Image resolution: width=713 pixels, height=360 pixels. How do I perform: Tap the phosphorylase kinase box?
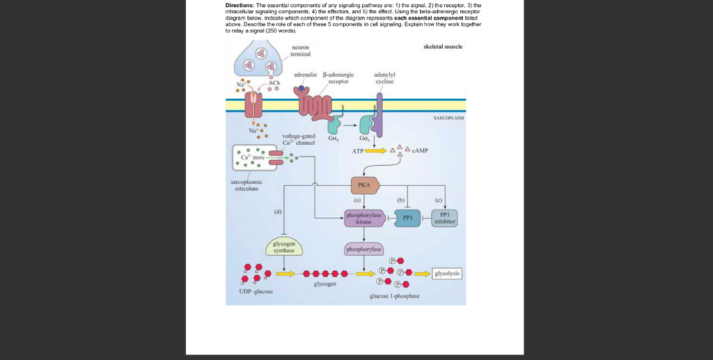(x=364, y=218)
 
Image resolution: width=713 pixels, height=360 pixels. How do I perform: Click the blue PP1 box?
(x=408, y=218)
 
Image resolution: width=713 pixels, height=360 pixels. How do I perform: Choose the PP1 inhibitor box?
(x=445, y=218)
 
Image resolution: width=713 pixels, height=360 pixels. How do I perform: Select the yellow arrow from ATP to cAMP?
(x=377, y=150)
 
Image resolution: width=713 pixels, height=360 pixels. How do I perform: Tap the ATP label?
(x=358, y=150)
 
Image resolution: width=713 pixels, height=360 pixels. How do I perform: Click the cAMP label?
(x=421, y=150)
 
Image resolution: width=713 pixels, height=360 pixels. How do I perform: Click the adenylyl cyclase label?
(x=384, y=77)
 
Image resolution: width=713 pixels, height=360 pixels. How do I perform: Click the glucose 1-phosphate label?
(x=394, y=296)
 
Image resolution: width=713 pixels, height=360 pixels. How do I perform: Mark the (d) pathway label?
(x=279, y=211)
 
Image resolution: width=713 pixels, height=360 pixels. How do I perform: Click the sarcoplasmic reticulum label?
(x=246, y=185)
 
